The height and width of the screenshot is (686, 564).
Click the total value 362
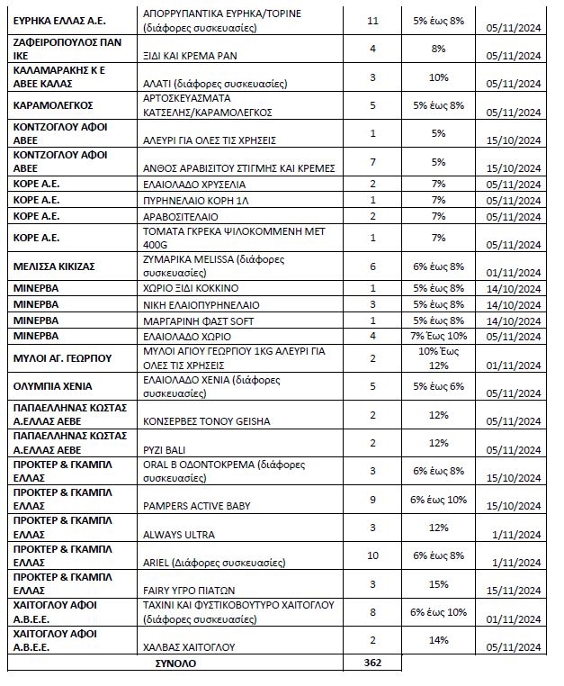tap(372, 663)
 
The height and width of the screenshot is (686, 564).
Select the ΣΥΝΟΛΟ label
tap(176, 663)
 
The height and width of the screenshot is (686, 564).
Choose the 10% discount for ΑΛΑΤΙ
tap(438, 77)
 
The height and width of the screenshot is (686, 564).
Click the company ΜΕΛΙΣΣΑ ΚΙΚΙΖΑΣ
tap(54, 266)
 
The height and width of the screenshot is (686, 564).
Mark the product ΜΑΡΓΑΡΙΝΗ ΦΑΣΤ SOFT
tap(200, 320)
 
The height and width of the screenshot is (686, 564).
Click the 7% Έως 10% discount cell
tap(438, 337)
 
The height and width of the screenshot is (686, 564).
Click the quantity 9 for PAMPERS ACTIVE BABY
tap(372, 498)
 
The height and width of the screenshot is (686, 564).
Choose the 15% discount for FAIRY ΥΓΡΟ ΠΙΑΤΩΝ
tap(438, 583)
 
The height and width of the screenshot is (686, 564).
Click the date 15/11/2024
tap(516, 590)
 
